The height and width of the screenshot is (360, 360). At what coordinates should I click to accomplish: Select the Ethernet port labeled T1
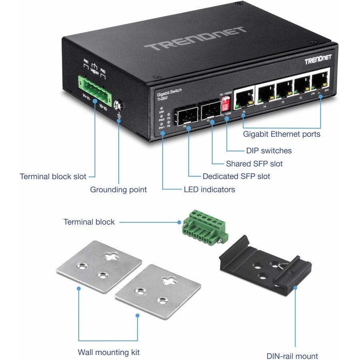click(320, 82)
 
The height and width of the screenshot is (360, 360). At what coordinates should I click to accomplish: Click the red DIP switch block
click(225, 104)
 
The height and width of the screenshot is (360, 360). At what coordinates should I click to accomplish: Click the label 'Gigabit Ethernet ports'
click(282, 134)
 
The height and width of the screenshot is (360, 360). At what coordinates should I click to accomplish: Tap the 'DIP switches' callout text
click(268, 151)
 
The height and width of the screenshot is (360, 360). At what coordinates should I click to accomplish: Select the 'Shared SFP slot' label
click(254, 164)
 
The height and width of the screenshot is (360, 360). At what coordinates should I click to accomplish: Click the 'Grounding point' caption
click(118, 190)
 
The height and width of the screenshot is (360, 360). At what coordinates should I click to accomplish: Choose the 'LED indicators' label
click(209, 189)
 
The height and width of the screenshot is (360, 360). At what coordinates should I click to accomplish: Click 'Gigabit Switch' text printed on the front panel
click(169, 91)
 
